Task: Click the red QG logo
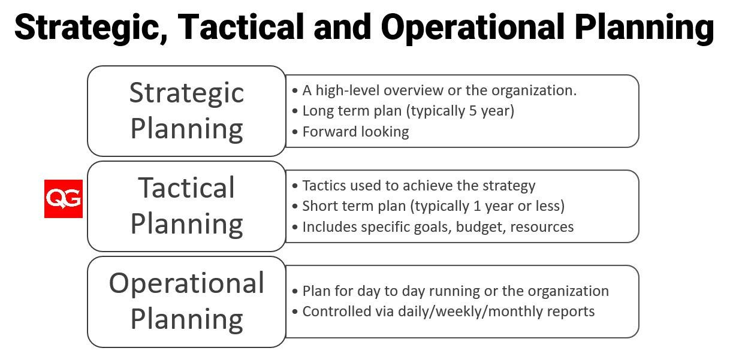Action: (64, 199)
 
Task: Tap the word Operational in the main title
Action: (472, 28)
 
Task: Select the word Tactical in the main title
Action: (241, 27)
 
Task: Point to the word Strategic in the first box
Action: (186, 93)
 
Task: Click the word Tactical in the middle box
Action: (186, 187)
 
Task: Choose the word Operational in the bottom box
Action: (186, 284)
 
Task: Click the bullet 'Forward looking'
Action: (355, 132)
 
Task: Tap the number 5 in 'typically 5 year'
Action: (473, 111)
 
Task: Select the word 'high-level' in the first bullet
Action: (347, 90)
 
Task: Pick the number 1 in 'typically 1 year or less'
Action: (477, 206)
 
